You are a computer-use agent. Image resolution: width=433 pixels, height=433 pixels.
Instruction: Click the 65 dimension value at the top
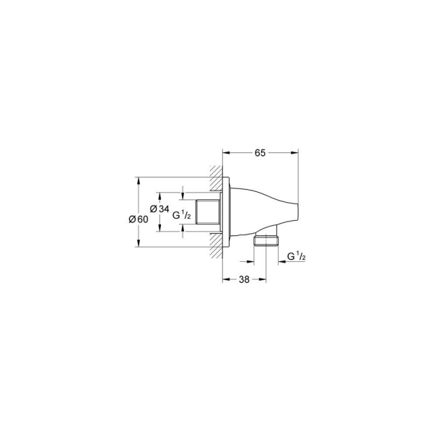click(261, 152)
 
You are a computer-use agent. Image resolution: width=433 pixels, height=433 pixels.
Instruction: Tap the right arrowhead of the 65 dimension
click(295, 152)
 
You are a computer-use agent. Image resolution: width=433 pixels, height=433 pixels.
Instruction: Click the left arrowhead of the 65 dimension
click(225, 152)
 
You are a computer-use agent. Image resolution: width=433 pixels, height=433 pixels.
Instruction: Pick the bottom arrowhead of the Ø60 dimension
click(138, 246)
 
